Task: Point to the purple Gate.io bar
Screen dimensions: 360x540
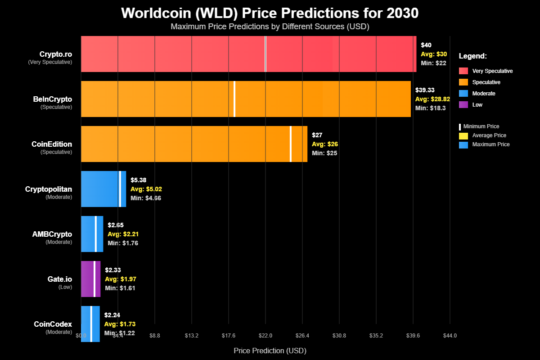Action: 87,279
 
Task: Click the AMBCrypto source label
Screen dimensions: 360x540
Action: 52,234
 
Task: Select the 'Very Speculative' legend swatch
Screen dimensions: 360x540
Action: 463,71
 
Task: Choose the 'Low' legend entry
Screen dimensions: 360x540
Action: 477,105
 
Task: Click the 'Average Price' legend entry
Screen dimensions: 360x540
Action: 489,135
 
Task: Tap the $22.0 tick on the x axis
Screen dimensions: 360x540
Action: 265,336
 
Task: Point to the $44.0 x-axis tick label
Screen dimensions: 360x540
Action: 450,336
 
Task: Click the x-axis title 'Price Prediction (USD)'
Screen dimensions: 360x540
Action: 270,350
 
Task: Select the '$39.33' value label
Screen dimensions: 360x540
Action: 425,90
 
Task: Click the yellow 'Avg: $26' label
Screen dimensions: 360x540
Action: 325,144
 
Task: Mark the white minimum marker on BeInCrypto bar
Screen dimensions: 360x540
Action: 234,99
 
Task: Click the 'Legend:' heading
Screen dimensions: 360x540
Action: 473,56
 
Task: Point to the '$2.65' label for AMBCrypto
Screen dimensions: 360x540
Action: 116,225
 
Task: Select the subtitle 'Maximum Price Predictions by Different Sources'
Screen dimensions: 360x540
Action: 270,27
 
